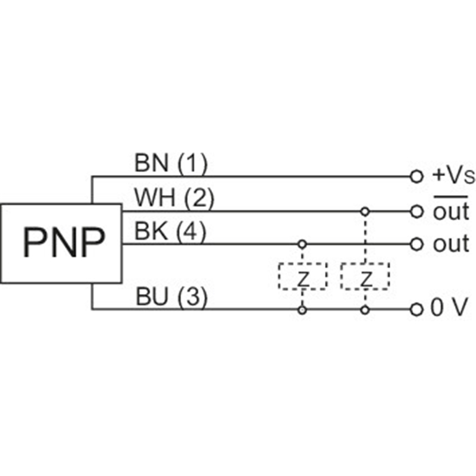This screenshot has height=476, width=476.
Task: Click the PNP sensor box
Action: (61, 243)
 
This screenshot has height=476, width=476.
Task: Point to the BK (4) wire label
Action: (170, 231)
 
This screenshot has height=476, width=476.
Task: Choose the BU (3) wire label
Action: (171, 297)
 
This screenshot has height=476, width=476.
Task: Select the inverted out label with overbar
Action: (450, 211)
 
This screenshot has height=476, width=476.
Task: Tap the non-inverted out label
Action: (450, 244)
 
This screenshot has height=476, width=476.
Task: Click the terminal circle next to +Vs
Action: (416, 177)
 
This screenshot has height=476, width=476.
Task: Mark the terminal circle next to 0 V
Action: (416, 309)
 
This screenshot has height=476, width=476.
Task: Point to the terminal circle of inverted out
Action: (416, 211)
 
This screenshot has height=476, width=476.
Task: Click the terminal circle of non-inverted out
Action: (416, 244)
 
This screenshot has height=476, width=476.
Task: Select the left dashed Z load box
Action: (303, 276)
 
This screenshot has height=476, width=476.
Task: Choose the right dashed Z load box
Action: (365, 276)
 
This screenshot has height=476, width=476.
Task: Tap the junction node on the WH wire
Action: (365, 211)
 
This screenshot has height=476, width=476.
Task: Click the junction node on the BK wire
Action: (303, 244)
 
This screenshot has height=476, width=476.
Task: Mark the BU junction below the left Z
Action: (303, 309)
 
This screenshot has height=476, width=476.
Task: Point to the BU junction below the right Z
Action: (365, 309)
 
